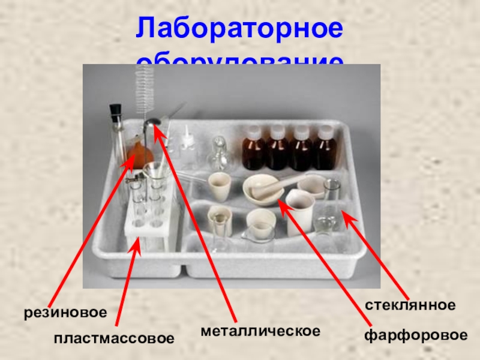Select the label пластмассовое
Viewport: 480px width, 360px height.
click(x=114, y=338)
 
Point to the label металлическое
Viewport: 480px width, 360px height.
click(x=260, y=331)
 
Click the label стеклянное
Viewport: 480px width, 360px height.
click(x=410, y=305)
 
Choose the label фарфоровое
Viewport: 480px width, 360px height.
click(x=415, y=335)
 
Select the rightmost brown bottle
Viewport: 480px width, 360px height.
click(x=326, y=150)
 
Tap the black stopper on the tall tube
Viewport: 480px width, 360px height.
click(x=115, y=111)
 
